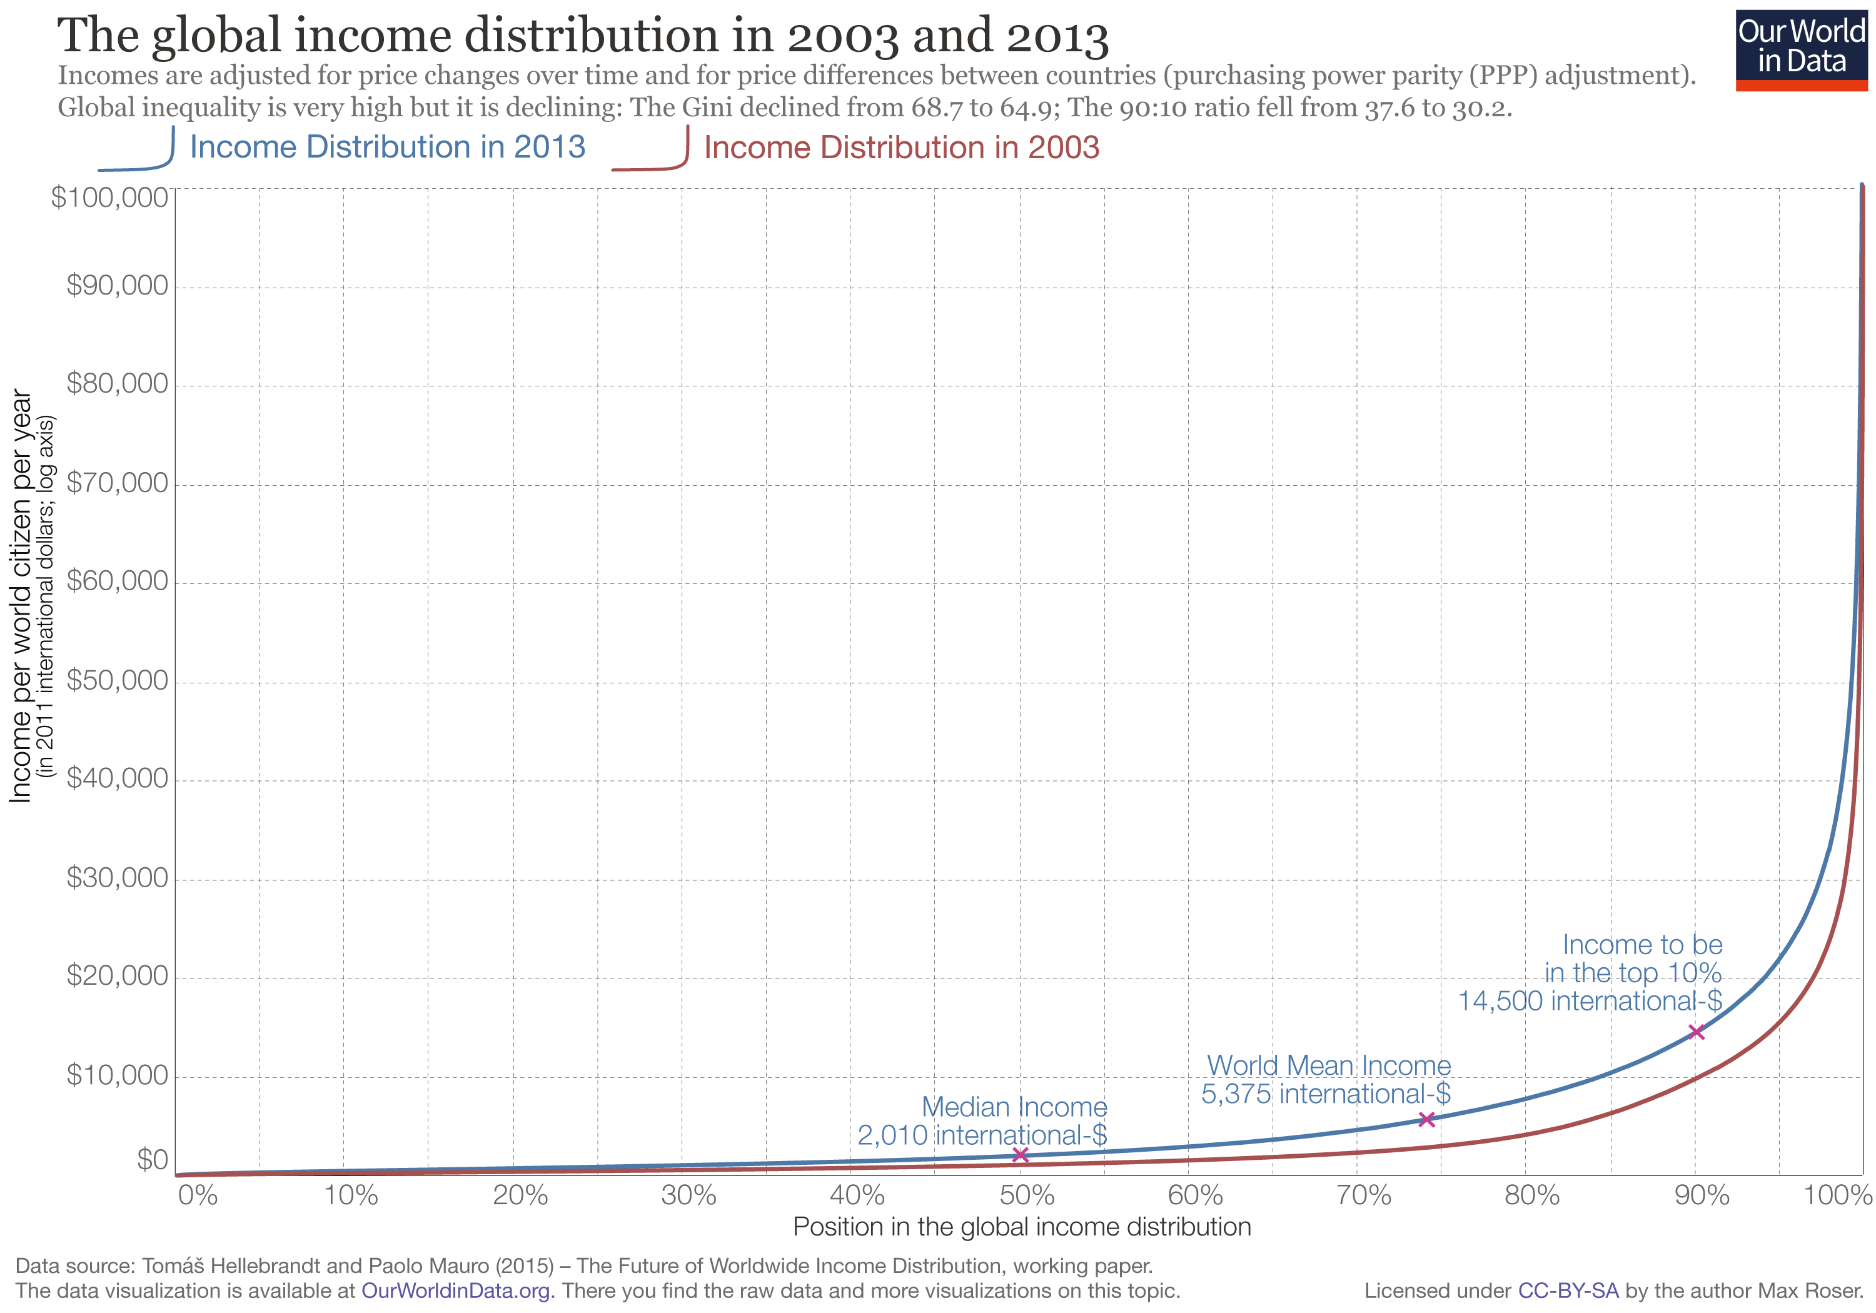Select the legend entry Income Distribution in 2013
coord(386,147)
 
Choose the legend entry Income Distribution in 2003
coord(900,148)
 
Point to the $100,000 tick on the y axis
coord(109,197)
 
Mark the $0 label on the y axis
coord(152,1159)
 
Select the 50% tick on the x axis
coord(1026,1195)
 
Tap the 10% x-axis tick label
coord(351,1195)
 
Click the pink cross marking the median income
coord(1020,1154)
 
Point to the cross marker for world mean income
coord(1426,1119)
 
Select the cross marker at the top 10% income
coord(1695,1032)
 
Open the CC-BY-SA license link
coord(1567,1291)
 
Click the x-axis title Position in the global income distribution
coord(1021,1227)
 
